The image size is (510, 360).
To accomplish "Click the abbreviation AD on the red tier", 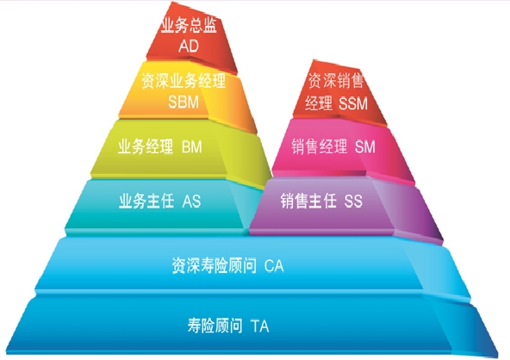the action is (x=189, y=46).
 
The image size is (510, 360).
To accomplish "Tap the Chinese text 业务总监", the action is (x=189, y=25).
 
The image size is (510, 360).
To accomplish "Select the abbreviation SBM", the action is (x=183, y=102).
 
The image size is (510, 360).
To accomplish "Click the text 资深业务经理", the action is (x=183, y=80).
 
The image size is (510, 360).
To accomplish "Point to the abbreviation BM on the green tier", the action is (x=192, y=146).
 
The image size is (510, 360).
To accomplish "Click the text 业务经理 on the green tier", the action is (x=146, y=146).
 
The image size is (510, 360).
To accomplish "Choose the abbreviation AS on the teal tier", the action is (x=191, y=202).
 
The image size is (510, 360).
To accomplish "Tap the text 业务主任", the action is (x=146, y=201).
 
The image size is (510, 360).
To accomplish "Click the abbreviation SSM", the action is (x=353, y=103).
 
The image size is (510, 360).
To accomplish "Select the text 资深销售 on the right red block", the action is (x=336, y=81).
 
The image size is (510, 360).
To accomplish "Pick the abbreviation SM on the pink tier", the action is (x=365, y=146).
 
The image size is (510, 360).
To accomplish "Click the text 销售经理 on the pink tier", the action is (x=319, y=146).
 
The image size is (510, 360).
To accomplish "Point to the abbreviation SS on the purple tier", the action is (x=353, y=202).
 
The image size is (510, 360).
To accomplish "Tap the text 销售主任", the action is (x=308, y=201).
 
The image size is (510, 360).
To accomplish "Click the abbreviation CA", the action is (x=274, y=265).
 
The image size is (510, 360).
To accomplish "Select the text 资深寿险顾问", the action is (x=214, y=265).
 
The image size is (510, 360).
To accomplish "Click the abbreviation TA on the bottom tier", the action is (x=260, y=326).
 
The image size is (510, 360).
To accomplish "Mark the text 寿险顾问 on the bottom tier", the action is (x=215, y=326).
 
